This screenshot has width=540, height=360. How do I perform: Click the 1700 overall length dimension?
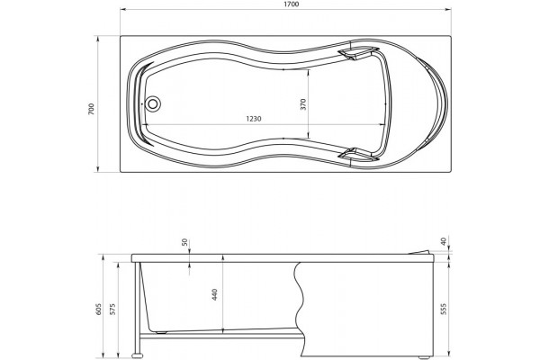[x=292, y=4]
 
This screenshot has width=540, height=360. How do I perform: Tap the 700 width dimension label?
[x=91, y=109]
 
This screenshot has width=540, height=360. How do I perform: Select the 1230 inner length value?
[x=254, y=119]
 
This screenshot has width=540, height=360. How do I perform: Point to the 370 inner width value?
[x=303, y=104]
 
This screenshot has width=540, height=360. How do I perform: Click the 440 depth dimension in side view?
[x=214, y=294]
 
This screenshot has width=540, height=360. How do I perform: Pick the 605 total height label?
[x=98, y=310]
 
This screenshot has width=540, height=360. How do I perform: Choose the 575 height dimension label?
[x=113, y=310]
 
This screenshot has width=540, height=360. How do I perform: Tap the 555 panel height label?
[x=443, y=309]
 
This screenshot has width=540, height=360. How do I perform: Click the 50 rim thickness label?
[x=185, y=242]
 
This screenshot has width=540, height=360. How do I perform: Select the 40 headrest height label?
[x=444, y=241]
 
